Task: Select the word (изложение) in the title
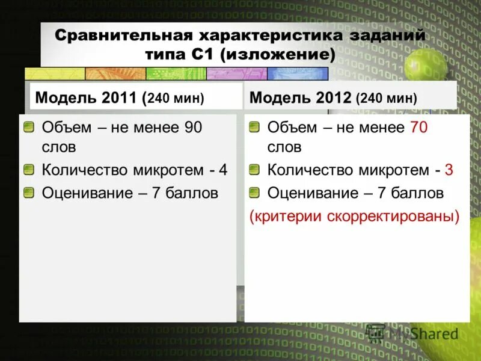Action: click(277, 55)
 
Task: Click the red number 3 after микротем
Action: click(449, 170)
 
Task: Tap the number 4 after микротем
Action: click(223, 170)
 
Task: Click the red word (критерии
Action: click(286, 216)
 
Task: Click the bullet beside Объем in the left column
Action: click(29, 128)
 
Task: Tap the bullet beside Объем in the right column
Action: click(254, 128)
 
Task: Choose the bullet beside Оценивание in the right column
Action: click(254, 193)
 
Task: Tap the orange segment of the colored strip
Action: click(115, 74)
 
